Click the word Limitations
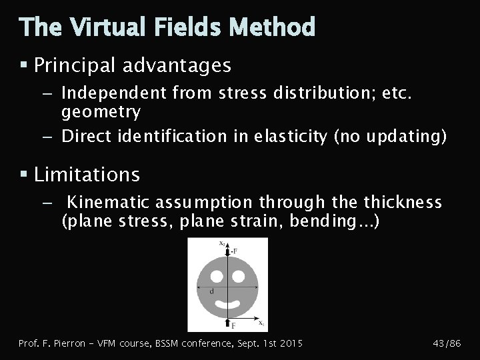tap(87, 175)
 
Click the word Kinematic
tap(111, 202)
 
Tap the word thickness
tap(403, 202)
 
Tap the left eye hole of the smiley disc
tap(215, 275)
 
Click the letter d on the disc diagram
tap(211, 291)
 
